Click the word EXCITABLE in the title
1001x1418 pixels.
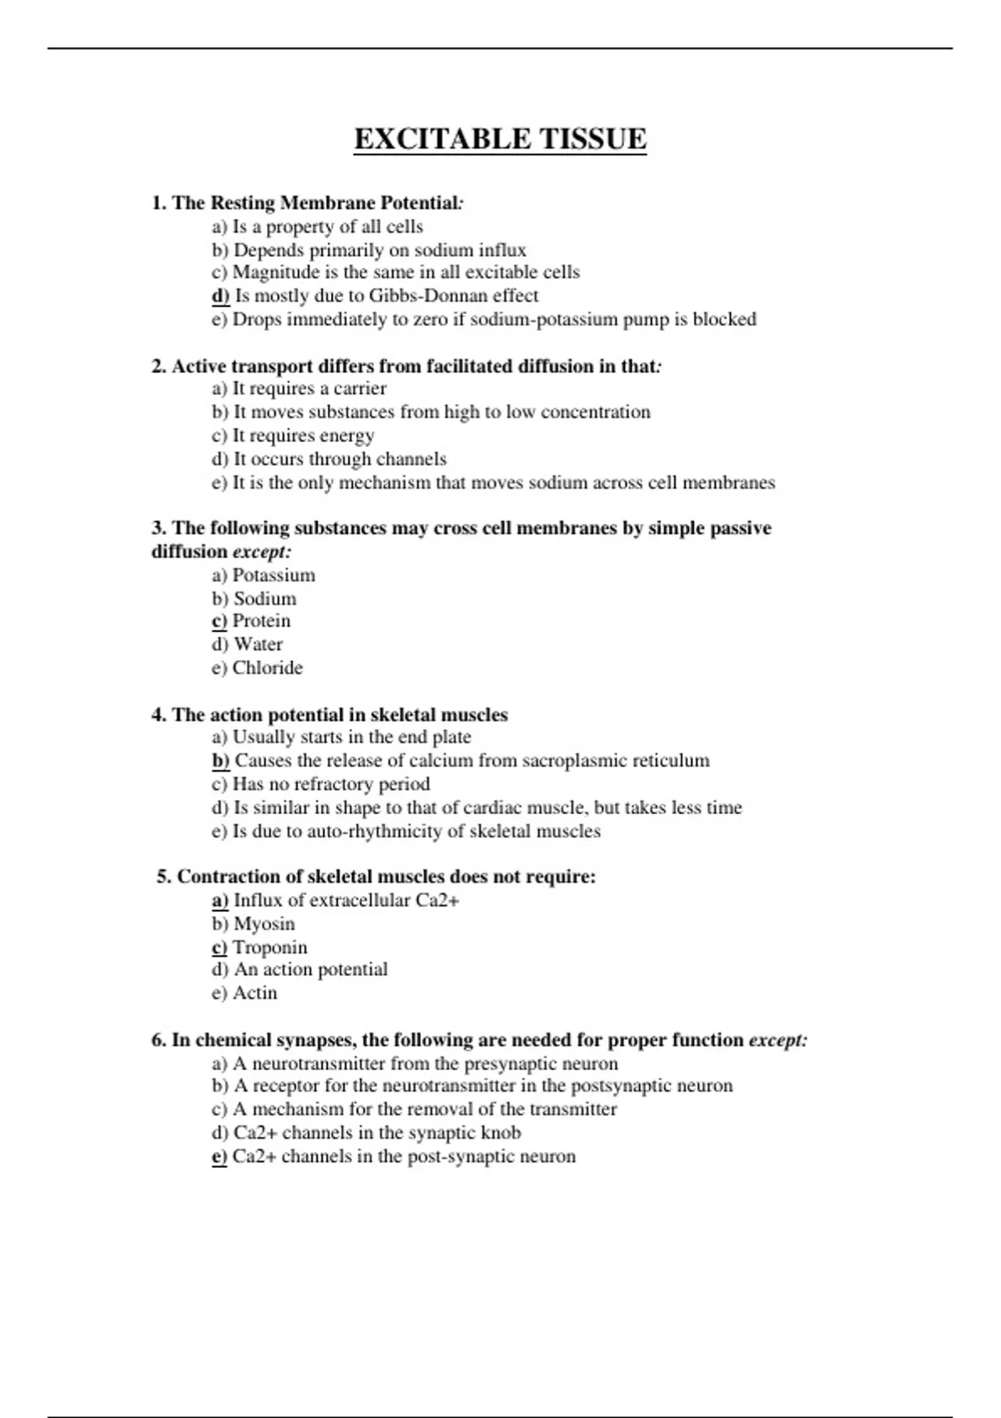coord(440,138)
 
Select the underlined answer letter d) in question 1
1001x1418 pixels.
coord(220,296)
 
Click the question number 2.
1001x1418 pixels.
coord(158,366)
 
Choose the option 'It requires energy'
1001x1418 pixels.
coord(303,435)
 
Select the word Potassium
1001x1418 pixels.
coord(274,576)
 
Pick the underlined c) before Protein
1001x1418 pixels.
coord(219,621)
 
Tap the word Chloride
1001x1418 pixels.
coord(268,668)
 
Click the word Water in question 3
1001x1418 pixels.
coord(259,645)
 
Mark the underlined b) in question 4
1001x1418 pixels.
coord(220,761)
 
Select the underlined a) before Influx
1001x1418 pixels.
coord(220,901)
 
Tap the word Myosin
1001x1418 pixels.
coord(264,924)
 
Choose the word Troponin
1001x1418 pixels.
coord(270,948)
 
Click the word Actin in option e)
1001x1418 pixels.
coord(255,993)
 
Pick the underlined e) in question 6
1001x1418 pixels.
coord(219,1157)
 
